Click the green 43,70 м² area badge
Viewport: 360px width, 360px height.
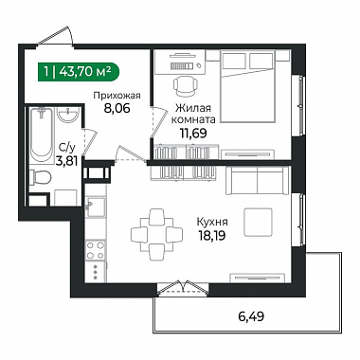point(79,72)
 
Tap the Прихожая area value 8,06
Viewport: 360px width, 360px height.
point(117,109)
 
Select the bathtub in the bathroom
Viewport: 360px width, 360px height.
point(42,135)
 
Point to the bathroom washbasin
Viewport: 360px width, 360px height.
point(68,115)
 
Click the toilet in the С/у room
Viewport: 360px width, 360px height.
point(40,176)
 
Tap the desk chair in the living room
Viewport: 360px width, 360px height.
point(186,86)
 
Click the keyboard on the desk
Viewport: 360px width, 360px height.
point(182,65)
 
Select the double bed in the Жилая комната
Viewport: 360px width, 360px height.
point(247,86)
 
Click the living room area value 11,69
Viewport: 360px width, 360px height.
point(193,134)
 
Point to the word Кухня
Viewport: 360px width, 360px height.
point(212,222)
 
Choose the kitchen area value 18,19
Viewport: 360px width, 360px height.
point(212,235)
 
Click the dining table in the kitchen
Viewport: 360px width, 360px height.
point(156,234)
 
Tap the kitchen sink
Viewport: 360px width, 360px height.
point(97,206)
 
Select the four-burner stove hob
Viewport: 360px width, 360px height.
point(96,250)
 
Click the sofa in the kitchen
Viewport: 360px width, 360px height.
point(258,181)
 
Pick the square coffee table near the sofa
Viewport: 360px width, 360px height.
point(258,222)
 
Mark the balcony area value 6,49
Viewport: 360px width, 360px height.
point(251,315)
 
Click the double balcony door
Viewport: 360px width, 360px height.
point(184,288)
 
